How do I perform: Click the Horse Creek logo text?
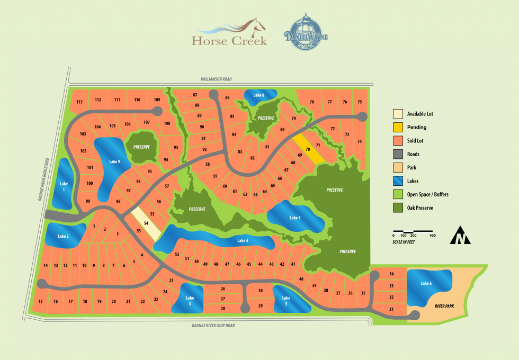pos(229,41)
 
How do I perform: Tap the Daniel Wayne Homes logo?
pos(306,35)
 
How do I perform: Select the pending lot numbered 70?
pos(307,149)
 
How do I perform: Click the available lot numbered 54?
pos(146,224)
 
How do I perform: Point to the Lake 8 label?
pos(258,95)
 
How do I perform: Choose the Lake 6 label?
pos(426,284)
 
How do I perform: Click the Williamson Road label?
pos(216,79)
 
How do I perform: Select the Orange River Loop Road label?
pos(213,326)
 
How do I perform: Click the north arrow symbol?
pos(460,236)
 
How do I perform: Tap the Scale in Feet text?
pos(404,241)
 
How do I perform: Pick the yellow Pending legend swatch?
pos(398,127)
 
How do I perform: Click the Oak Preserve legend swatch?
pos(398,208)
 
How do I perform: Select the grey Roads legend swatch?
pos(398,154)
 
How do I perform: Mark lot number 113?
pos(79,102)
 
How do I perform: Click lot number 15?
pos(40,302)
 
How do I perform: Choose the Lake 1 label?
pos(64,187)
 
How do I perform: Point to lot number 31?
pos(391,309)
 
